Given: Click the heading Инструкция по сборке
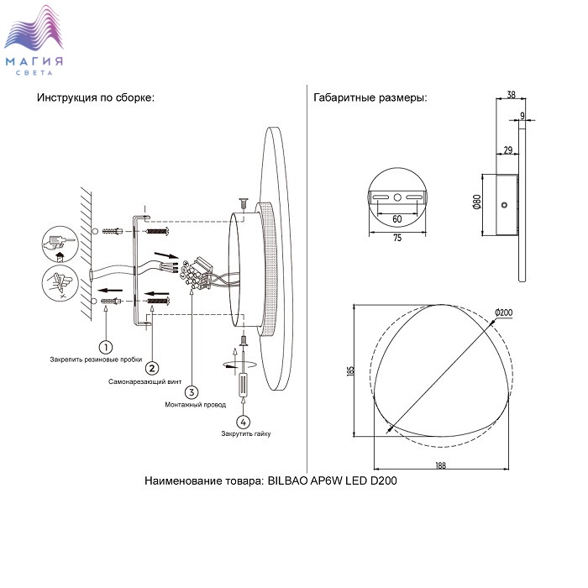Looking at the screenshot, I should pyautogui.click(x=95, y=97).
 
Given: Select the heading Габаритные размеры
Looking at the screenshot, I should pyautogui.click(x=370, y=97).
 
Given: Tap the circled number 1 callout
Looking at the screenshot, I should pyautogui.click(x=106, y=346).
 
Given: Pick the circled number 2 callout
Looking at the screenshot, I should pyautogui.click(x=152, y=367).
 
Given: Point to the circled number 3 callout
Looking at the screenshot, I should pyautogui.click(x=192, y=391).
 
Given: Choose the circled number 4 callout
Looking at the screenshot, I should pyautogui.click(x=244, y=422).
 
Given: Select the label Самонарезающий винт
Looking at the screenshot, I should pyautogui.click(x=144, y=381).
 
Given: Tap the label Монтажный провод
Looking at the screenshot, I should pyautogui.click(x=196, y=405).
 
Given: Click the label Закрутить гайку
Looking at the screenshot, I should pyautogui.click(x=246, y=434).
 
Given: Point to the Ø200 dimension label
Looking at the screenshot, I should pyautogui.click(x=504, y=313).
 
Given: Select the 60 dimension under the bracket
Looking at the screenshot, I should pyautogui.click(x=396, y=218).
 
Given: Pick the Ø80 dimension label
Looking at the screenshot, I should pyautogui.click(x=475, y=202).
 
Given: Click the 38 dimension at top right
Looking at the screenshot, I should pyautogui.click(x=512, y=95).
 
